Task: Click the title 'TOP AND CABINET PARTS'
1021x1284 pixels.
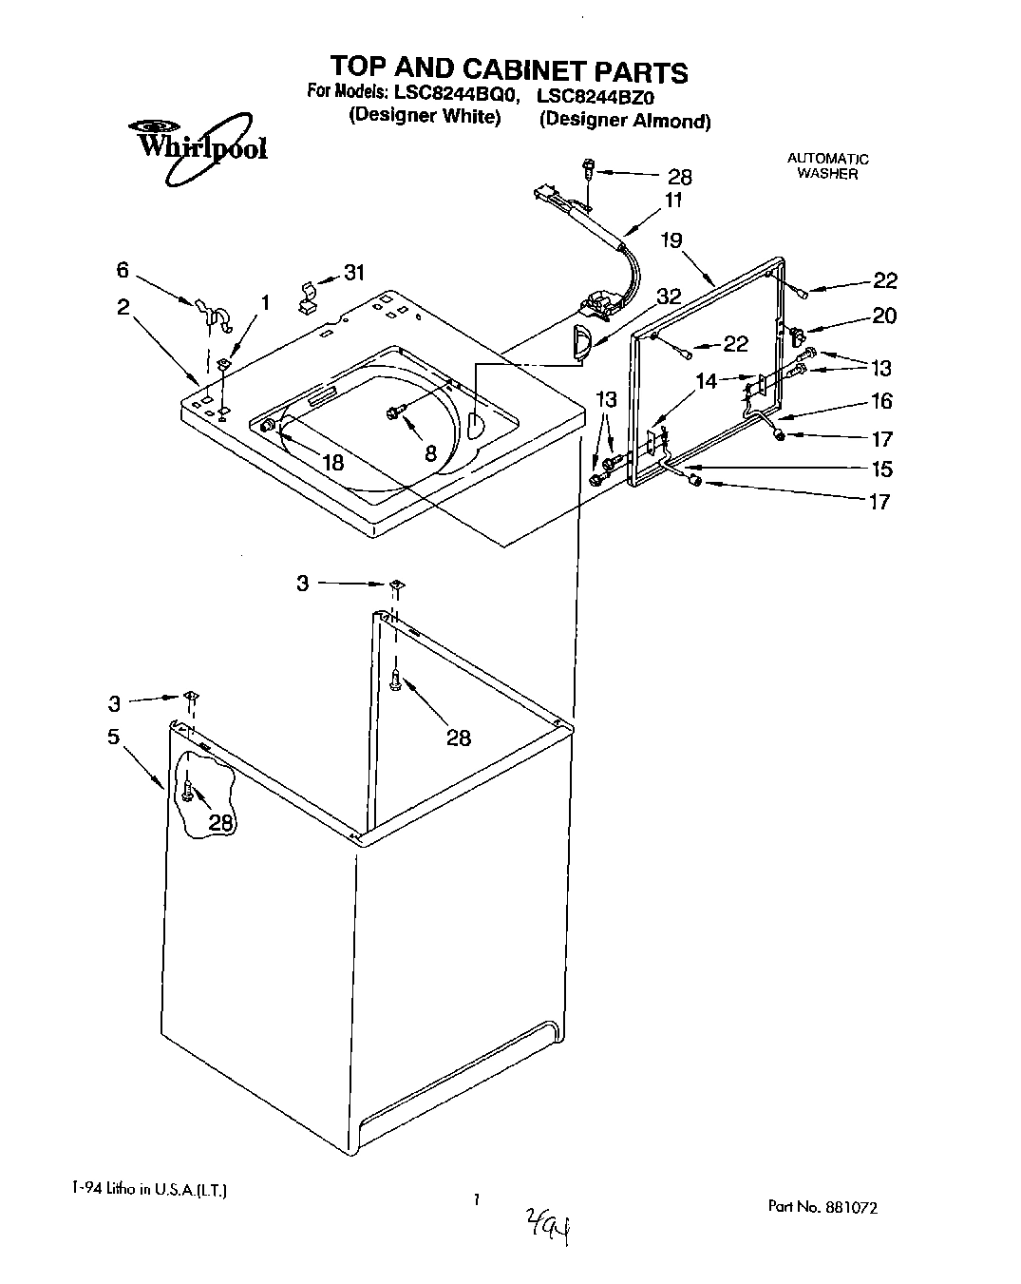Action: pos(508,70)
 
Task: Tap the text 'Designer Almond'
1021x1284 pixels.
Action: pos(624,121)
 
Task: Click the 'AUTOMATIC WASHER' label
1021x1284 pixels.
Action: pos(827,166)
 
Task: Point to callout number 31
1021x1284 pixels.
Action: pos(353,273)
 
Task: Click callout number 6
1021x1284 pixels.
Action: pos(123,270)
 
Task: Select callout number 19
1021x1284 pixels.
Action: pos(671,240)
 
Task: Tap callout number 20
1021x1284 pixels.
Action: pos(883,316)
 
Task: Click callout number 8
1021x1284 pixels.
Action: pos(430,453)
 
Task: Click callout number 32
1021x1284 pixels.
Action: pos(669,297)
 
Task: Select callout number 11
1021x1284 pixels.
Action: pos(673,201)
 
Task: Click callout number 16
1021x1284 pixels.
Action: pos(880,401)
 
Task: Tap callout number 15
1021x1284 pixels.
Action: pos(880,469)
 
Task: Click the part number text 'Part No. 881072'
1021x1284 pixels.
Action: pos(822,1207)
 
